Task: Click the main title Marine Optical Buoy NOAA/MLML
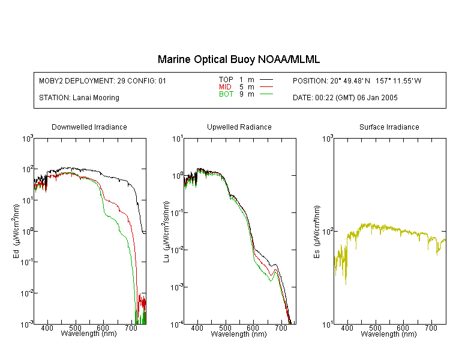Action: (238, 59)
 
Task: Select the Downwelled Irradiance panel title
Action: (89, 127)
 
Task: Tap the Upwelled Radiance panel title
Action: (239, 127)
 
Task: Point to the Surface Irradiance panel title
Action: (389, 127)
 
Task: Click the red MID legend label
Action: (225, 87)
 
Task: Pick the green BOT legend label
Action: (226, 94)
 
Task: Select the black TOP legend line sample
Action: (266, 80)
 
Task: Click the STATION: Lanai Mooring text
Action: (79, 98)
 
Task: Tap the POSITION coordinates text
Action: (357, 81)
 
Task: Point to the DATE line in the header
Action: (345, 98)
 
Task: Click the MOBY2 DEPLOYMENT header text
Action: (103, 81)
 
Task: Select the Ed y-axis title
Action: (16, 232)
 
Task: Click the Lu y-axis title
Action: (166, 232)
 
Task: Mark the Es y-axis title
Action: (317, 232)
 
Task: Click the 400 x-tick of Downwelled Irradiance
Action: (47, 328)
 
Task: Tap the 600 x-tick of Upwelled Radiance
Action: (253, 328)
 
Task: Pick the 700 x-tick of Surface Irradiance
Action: (431, 328)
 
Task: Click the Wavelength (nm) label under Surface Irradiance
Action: (389, 334)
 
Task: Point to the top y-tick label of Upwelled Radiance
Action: (178, 139)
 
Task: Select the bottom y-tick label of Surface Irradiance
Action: (328, 325)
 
